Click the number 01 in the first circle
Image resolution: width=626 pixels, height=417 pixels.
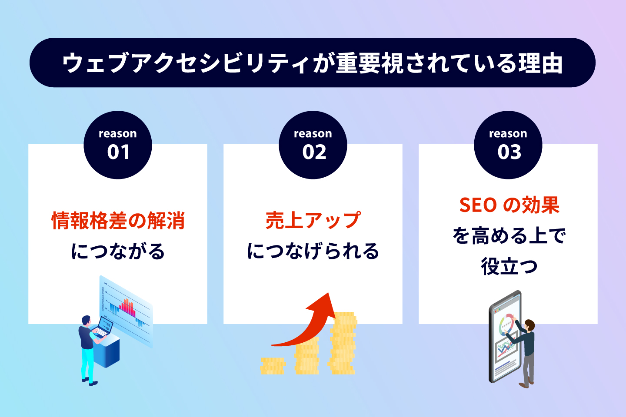[118, 152]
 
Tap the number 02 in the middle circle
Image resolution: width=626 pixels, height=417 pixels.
[314, 152]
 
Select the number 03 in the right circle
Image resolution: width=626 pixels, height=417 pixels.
[509, 152]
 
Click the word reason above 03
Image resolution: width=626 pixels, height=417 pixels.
[508, 133]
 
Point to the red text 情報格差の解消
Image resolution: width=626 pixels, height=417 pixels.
[118, 221]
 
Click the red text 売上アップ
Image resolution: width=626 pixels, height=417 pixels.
[313, 220]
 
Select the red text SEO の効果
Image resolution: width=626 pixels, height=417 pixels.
[509, 205]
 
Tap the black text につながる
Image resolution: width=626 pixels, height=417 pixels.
[118, 251]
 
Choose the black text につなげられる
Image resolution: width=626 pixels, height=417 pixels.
[313, 251]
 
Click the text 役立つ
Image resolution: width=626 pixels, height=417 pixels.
[509, 266]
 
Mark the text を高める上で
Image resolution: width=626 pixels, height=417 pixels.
[509, 235]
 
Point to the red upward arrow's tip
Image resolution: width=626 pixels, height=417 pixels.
[328, 293]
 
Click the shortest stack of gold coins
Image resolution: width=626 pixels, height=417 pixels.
[273, 366]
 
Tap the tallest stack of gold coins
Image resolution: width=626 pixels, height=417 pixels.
[343, 343]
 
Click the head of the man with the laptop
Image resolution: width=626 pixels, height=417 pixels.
[87, 321]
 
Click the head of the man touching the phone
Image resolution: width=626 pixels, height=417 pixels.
[529, 325]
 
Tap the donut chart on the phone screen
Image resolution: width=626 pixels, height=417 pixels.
[507, 323]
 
